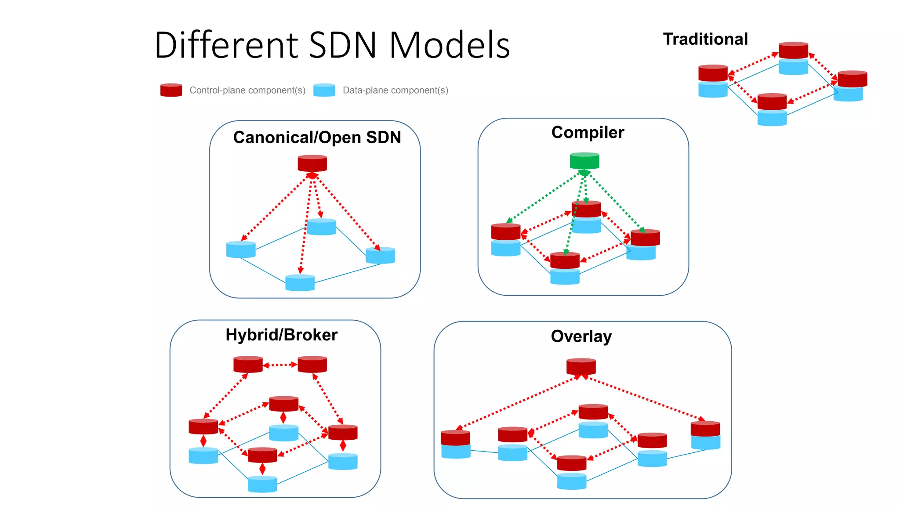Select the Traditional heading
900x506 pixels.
[705, 39]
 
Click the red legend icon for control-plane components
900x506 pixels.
[171, 90]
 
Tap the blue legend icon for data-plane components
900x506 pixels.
[324, 90]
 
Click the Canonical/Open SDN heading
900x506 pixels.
[317, 137]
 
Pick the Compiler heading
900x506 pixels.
[588, 133]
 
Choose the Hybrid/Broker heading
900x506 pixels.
[281, 335]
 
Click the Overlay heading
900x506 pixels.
[581, 336]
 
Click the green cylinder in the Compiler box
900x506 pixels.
[584, 161]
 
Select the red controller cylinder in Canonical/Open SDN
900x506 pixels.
[312, 163]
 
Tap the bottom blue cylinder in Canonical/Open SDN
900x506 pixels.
[300, 283]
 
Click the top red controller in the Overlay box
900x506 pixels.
[581, 367]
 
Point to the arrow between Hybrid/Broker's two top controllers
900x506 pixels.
[280, 365]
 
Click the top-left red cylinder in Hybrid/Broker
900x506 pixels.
[248, 364]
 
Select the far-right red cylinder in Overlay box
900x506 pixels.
[705, 429]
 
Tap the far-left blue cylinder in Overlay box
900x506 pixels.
[456, 451]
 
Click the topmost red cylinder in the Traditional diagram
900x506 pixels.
[793, 51]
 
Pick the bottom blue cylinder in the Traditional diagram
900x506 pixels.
[772, 118]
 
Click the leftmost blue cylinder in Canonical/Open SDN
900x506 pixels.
[240, 249]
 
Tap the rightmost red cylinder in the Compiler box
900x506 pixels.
[645, 238]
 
